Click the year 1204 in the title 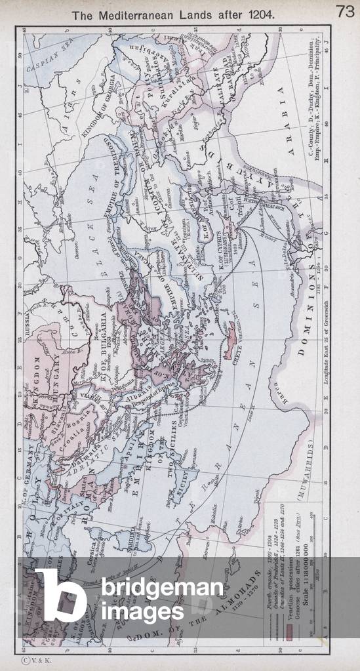262,12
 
